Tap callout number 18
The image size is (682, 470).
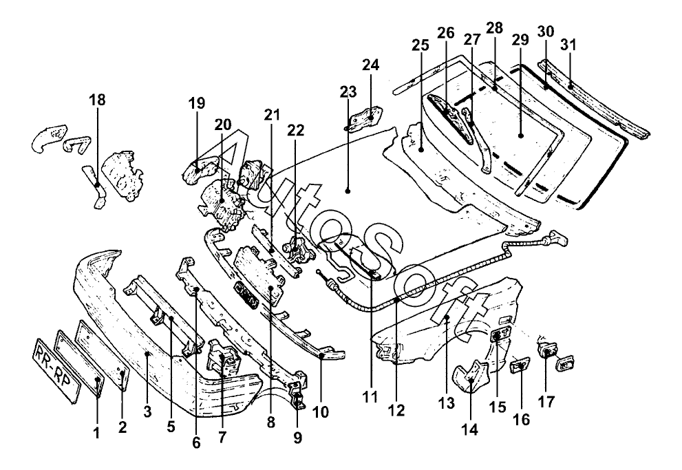98,100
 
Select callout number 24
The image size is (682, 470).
370,65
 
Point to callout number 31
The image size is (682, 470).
568,45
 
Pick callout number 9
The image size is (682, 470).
297,438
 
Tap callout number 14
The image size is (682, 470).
471,429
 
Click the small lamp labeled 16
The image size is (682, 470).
520,366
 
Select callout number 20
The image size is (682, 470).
223,125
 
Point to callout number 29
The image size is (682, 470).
520,39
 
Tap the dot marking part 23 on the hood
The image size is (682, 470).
347,191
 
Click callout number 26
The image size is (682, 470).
446,33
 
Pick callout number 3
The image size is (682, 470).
147,412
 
